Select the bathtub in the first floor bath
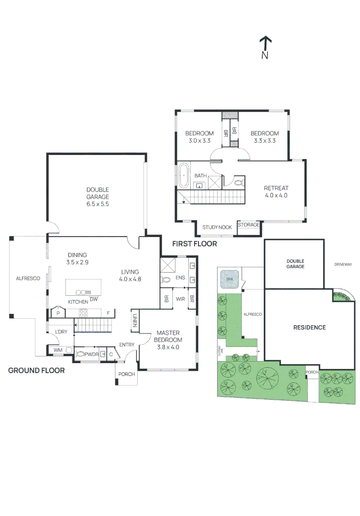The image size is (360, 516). [184, 175]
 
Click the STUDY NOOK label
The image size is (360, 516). [217, 227]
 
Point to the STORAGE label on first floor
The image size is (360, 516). [249, 225]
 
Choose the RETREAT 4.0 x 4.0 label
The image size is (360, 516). [276, 192]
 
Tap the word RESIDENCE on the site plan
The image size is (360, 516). [309, 327]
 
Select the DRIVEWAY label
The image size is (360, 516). [343, 264]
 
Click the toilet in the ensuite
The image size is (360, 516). [167, 279]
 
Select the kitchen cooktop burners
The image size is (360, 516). [83, 313]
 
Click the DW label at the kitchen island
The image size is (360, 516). [94, 299]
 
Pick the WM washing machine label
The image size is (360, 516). [58, 350]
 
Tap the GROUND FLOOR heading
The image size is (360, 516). [36, 370]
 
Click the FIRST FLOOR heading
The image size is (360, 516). [195, 244]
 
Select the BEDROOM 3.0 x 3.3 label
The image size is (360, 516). [199, 137]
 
